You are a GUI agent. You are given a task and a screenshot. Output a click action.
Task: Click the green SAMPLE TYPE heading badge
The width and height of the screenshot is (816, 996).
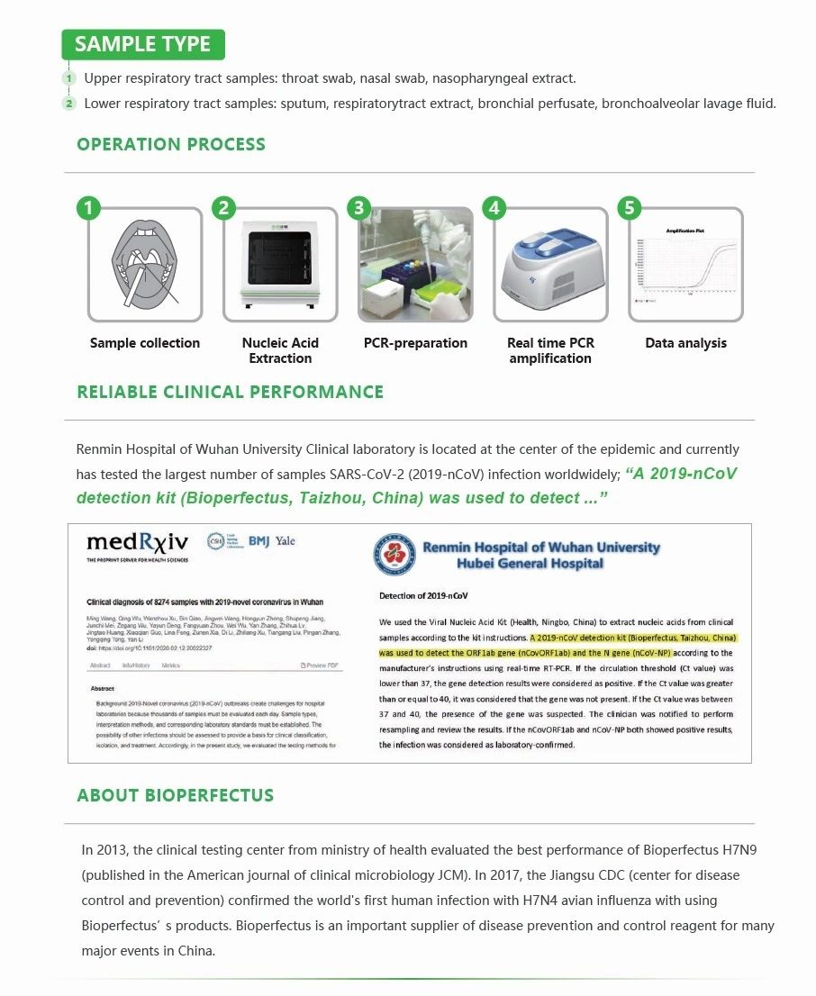(142, 44)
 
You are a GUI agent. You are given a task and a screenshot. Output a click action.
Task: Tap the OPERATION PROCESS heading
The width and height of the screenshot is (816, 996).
(171, 144)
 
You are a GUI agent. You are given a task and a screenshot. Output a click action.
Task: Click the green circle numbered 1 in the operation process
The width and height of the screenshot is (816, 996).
(87, 209)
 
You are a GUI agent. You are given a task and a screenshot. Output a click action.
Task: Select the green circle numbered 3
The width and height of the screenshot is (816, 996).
(358, 209)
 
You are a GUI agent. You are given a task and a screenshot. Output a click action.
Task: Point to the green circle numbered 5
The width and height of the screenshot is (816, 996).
(629, 209)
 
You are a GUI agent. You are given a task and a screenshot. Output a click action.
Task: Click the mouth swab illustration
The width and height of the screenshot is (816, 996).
(145, 265)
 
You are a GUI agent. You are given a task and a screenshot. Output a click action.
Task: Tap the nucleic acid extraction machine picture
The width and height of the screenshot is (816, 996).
(280, 265)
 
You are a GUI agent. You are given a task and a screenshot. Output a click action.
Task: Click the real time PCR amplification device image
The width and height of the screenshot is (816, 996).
(550, 265)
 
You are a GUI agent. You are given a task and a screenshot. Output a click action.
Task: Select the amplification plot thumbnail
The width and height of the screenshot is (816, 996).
(685, 265)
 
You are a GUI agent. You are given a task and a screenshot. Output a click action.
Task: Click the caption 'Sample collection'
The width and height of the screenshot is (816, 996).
(145, 343)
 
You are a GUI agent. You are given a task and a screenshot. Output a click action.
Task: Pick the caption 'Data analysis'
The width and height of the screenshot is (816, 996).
(685, 343)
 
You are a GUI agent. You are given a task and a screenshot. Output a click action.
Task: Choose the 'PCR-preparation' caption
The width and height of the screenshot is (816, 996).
(415, 343)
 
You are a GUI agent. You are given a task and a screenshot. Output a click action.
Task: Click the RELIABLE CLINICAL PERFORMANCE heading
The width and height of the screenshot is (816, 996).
(231, 392)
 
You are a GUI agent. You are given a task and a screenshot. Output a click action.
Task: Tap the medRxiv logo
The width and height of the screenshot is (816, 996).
(137, 543)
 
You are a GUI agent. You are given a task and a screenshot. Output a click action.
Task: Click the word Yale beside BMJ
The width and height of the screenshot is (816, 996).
(286, 541)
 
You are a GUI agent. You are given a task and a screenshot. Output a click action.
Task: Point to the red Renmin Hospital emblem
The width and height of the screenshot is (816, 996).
(395, 554)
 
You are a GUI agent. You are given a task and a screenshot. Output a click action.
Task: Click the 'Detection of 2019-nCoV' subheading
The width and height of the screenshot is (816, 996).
(423, 596)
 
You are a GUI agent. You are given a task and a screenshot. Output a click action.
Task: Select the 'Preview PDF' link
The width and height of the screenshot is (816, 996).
(320, 666)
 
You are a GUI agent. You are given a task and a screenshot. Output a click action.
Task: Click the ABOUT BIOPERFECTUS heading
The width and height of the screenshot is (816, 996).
(176, 795)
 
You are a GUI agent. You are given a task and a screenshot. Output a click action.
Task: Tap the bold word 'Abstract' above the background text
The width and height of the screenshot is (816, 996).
(103, 689)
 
